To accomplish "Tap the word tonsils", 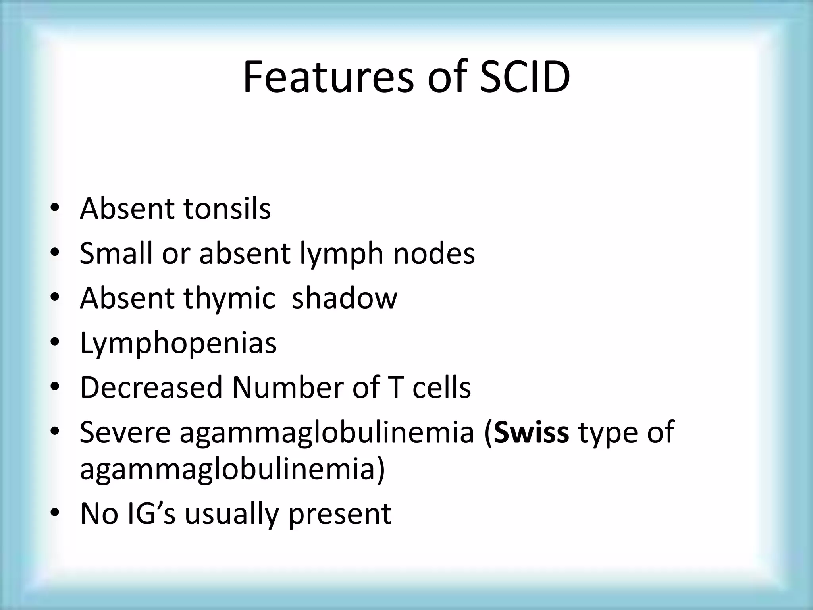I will coord(227,209).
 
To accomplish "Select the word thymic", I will coord(229,299).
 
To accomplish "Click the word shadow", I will coord(344,298).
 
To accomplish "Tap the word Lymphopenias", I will coord(178,344).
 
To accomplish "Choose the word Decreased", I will coord(151,388).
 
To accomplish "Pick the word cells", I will coord(441,388).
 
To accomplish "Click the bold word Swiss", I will coord(532,432).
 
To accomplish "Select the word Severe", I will coord(125,432).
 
